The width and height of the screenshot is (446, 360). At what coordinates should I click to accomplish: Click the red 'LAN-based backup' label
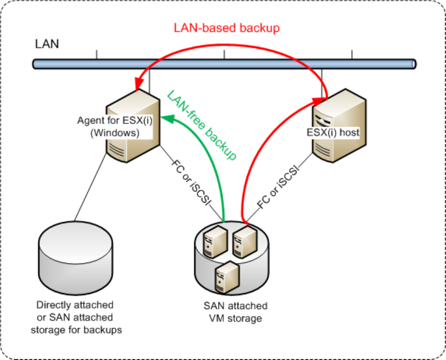pyautogui.click(x=227, y=28)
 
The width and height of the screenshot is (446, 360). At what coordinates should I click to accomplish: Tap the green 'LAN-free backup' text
pyautogui.click(x=201, y=125)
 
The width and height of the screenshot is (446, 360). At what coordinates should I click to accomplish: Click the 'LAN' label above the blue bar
pyautogui.click(x=47, y=44)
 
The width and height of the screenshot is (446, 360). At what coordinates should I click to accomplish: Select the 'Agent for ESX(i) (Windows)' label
pyautogui.click(x=115, y=127)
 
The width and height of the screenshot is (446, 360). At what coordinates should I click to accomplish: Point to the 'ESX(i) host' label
pyautogui.click(x=333, y=132)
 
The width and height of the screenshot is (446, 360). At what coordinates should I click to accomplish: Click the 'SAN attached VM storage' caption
pyautogui.click(x=236, y=312)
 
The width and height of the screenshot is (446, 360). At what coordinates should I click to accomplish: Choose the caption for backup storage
pyautogui.click(x=76, y=317)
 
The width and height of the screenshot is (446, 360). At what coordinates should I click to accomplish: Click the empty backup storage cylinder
pyautogui.click(x=75, y=258)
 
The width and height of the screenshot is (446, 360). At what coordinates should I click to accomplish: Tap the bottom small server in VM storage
pyautogui.click(x=227, y=277)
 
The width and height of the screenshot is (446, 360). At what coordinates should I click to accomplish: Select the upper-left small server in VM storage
pyautogui.click(x=215, y=242)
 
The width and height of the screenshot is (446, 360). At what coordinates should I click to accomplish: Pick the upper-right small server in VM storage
pyautogui.click(x=245, y=242)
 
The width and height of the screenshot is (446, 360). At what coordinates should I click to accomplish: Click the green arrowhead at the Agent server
pyautogui.click(x=167, y=118)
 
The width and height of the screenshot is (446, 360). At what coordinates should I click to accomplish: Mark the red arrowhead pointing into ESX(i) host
pyautogui.click(x=319, y=102)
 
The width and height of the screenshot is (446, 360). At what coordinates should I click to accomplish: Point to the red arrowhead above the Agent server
pyautogui.click(x=139, y=84)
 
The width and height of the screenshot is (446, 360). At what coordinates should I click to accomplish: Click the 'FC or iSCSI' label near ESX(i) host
pyautogui.click(x=278, y=187)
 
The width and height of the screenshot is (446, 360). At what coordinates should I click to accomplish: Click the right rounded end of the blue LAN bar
pyautogui.click(x=414, y=64)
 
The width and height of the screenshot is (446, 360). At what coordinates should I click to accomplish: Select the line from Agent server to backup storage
pyautogui.click(x=90, y=187)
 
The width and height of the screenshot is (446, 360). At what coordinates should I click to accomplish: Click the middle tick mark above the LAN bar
pyautogui.click(x=224, y=54)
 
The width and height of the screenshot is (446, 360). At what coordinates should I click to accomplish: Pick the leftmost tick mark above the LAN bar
pyautogui.click(x=97, y=54)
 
